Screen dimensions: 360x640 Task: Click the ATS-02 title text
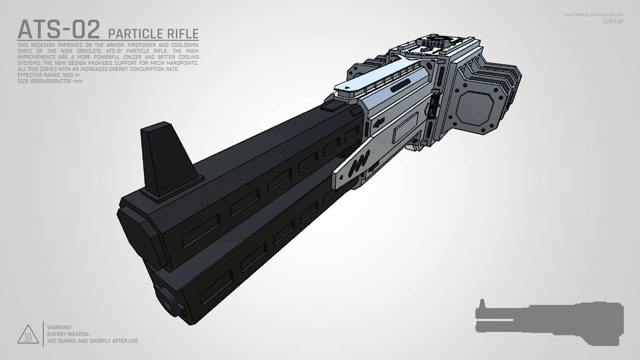tap(58, 30)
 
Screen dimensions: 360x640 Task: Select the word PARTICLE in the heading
tap(134, 33)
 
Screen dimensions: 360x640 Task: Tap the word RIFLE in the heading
tap(181, 33)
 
